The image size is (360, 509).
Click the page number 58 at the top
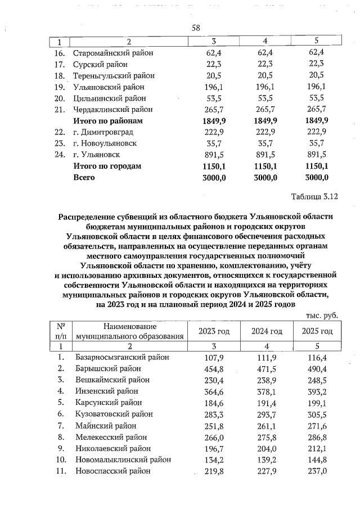click(196, 28)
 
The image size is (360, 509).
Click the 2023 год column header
click(214, 332)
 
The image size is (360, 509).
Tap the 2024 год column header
click(267, 332)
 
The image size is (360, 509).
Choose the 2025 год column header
click(317, 332)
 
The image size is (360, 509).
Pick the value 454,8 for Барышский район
click(214, 368)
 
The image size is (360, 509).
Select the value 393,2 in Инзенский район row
click(317, 391)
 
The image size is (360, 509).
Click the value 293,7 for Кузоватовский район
click(267, 414)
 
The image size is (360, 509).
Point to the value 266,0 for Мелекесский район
click(214, 436)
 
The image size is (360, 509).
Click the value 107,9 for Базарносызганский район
click(214, 357)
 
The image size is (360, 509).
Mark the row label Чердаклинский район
click(113, 110)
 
